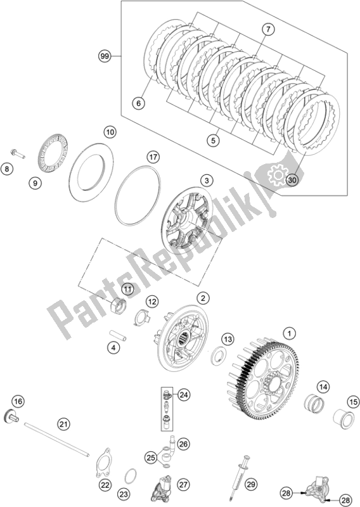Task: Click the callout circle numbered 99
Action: click(105, 56)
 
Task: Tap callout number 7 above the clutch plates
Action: click(268, 29)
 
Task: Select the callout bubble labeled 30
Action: click(292, 180)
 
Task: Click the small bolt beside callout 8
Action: click(18, 153)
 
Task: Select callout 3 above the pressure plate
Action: click(207, 180)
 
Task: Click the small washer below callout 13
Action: click(219, 356)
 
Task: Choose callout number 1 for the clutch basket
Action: click(290, 333)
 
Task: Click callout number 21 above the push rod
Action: click(63, 423)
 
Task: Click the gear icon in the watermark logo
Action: click(277, 176)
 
